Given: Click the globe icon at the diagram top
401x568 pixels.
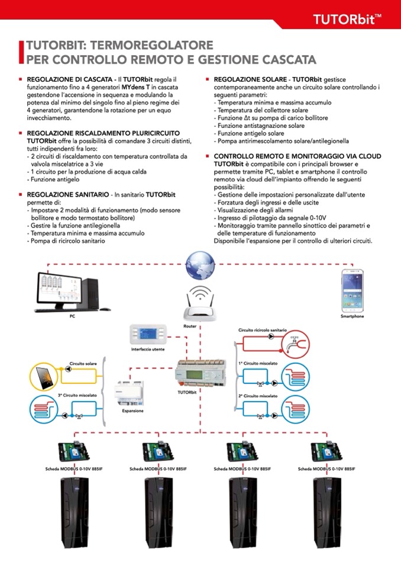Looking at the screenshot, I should coord(200,265).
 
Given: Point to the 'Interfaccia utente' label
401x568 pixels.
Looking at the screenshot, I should coord(148,349).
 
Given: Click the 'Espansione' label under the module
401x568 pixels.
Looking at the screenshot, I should coord(132,410).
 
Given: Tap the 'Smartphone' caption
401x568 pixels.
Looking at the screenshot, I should coord(353,316).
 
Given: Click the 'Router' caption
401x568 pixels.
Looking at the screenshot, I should coord(190,326).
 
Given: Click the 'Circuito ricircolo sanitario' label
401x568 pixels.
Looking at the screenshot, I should coord(263,330).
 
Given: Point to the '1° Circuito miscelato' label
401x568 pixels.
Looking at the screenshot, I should coord(258,362).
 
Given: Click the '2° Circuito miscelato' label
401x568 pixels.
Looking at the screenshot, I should coord(258,395).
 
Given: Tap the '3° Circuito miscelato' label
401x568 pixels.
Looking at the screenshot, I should coord(77,395).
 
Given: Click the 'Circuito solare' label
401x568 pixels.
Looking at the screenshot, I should coord(83,363).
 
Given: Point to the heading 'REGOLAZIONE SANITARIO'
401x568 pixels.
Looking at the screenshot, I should coord(67,194).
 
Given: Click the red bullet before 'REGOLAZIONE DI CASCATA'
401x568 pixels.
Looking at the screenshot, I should coord(21,79).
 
